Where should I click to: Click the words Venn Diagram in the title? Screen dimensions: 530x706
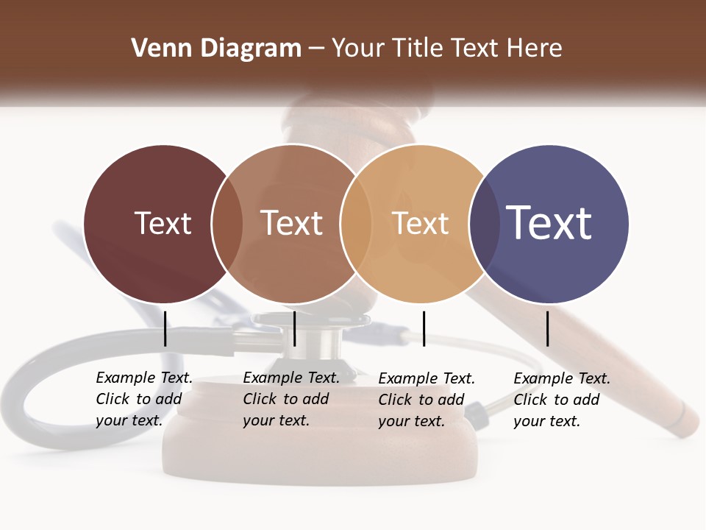[216, 49]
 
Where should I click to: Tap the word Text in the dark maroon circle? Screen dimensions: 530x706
[163, 223]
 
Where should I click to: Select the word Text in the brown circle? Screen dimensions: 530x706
[291, 223]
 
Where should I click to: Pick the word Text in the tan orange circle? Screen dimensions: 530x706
[420, 223]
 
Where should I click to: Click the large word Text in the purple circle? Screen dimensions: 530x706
[549, 222]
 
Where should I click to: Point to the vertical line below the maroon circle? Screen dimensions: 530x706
[165, 328]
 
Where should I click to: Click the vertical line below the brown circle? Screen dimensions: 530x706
[294, 328]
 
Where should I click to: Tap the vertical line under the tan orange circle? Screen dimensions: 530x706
[424, 328]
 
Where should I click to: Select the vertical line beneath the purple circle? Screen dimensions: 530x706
[548, 328]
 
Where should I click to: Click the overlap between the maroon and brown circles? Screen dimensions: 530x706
[227, 224]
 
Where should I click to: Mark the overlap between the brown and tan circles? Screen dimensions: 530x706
[356, 224]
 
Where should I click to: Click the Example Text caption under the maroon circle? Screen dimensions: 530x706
[144, 399]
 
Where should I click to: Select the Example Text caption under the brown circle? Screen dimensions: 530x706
[291, 399]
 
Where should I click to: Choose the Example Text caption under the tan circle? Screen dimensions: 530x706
[427, 400]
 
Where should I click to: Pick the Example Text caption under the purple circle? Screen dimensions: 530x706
[562, 400]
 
